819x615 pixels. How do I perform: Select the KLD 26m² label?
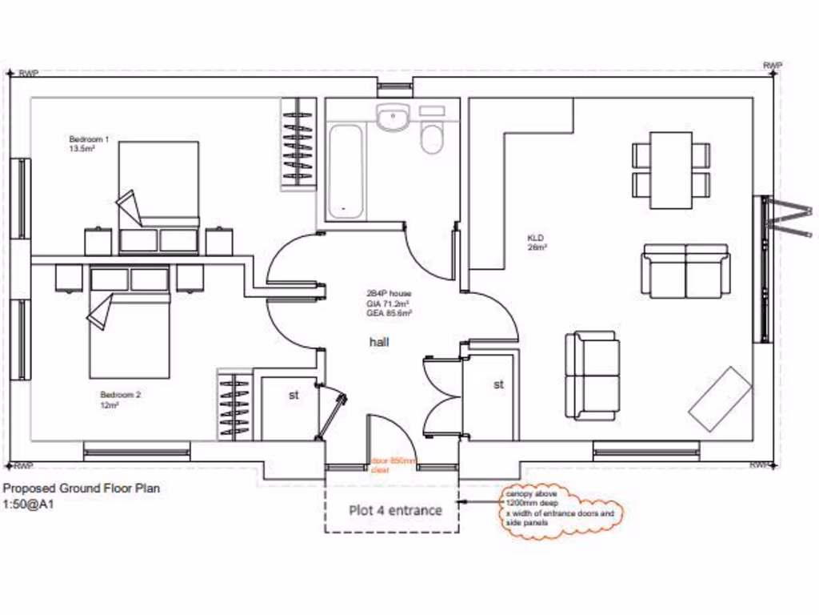[536, 243]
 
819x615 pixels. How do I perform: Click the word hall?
[378, 342]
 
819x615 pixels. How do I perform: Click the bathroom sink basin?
[393, 119]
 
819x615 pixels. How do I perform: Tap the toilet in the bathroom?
[432, 136]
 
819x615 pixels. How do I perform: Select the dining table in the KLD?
[670, 170]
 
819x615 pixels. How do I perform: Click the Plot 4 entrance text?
[394, 510]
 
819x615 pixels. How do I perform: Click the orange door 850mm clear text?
[394, 465]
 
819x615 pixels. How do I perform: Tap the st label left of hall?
[294, 394]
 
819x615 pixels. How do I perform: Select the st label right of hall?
[498, 384]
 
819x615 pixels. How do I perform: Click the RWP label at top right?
[772, 66]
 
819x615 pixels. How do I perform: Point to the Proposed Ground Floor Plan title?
[82, 488]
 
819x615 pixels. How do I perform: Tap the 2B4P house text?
[389, 294]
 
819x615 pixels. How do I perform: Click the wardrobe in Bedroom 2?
[234, 405]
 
